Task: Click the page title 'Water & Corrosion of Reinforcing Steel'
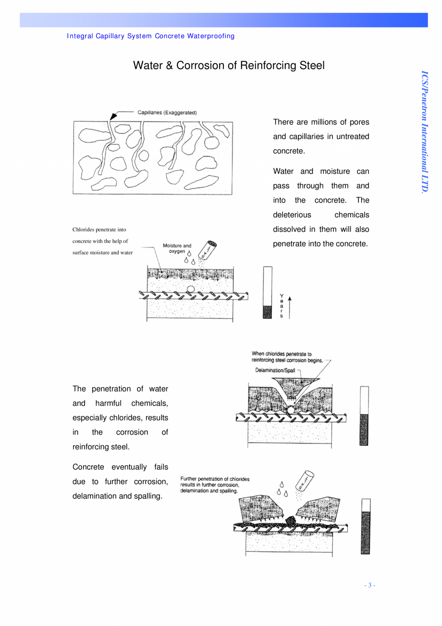tap(229, 65)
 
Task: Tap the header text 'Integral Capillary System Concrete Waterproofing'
tap(151, 36)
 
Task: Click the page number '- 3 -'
tap(369, 585)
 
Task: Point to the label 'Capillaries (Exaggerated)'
tap(167, 113)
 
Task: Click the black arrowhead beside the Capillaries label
tap(113, 116)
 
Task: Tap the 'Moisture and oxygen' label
tap(177, 248)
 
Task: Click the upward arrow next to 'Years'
tap(290, 307)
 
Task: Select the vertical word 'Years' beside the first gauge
tap(282, 306)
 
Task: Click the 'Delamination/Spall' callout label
tap(275, 370)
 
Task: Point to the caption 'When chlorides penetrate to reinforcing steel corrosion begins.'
tap(288, 357)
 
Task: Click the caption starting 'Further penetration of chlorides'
tap(215, 485)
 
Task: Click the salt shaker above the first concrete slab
tap(209, 250)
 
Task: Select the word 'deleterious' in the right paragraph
tap(292, 215)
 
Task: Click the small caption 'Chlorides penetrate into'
tap(99, 230)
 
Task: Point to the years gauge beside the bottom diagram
tap(366, 526)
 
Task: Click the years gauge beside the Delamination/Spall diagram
tap(365, 416)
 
